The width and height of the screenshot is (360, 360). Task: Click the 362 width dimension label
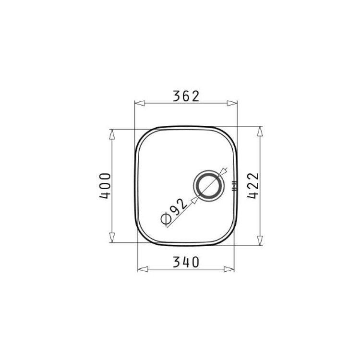[186, 96]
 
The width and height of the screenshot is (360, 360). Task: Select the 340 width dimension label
[186, 262]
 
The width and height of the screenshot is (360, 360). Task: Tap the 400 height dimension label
[105, 186]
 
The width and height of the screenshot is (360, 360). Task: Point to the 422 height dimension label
[253, 186]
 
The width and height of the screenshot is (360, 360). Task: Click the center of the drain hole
[209, 186]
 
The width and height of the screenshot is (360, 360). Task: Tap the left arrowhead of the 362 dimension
[140, 103]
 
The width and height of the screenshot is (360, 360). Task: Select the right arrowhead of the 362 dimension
[232, 103]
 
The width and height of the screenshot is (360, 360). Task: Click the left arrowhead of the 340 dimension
[143, 269]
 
